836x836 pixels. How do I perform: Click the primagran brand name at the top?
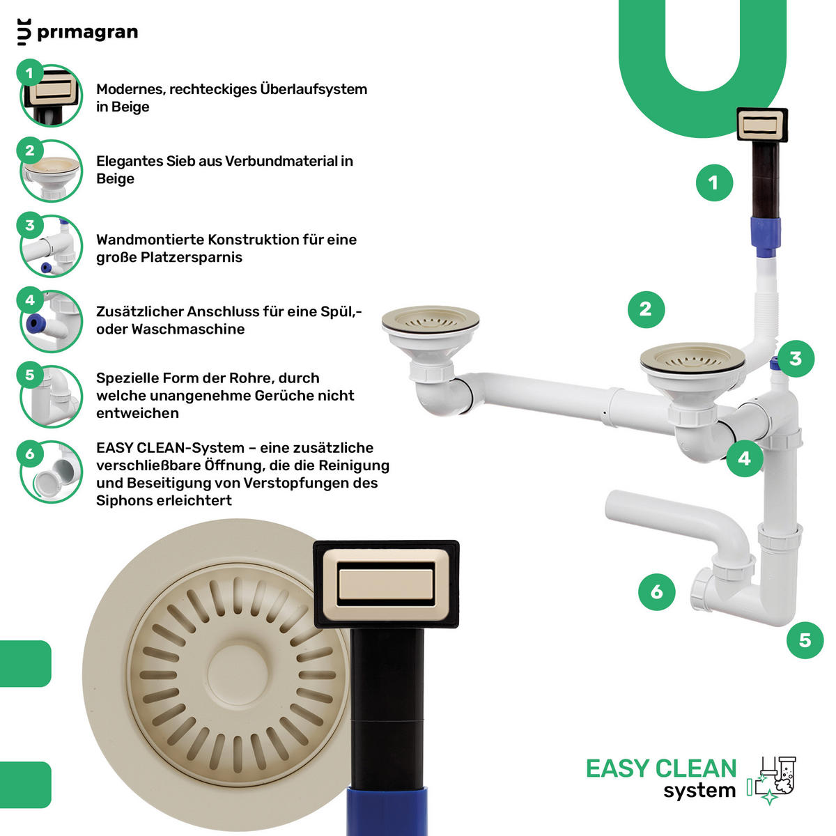coord(88,33)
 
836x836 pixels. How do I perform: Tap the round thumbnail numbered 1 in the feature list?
coord(51,95)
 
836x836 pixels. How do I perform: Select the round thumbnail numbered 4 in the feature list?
coord(51,321)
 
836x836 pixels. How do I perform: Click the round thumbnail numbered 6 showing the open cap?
coord(51,472)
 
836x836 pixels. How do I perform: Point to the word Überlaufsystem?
coord(313,89)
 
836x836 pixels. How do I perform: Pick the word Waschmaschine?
coord(188,330)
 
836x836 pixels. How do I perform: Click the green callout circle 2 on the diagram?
coord(646,309)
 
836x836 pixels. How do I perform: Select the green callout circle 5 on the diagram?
coord(805,640)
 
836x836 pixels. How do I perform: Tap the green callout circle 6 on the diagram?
coord(657,592)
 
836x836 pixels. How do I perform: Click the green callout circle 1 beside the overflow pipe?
coord(715,183)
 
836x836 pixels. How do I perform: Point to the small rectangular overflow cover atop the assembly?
coord(763,125)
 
